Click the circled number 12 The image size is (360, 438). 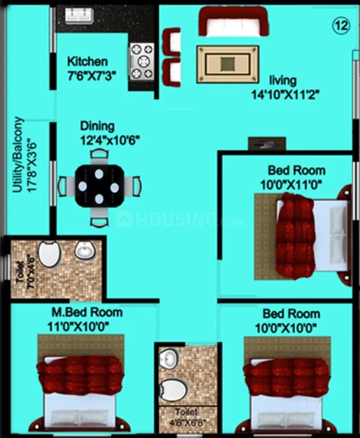[341, 26]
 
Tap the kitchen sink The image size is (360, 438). [79, 15]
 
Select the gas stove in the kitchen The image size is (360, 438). [142, 62]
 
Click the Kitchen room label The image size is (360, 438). [87, 62]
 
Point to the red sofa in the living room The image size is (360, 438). [233, 21]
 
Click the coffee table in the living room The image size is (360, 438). [228, 64]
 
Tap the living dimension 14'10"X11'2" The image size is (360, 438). [285, 95]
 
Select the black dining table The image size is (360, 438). [99, 186]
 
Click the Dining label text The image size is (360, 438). [97, 126]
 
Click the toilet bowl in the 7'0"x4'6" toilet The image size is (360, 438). [49, 254]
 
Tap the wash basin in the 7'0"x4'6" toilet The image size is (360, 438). [85, 250]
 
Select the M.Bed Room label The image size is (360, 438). [87, 312]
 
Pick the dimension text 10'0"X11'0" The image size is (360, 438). [291, 185]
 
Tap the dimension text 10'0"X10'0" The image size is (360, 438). [285, 328]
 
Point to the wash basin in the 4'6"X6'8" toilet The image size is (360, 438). [169, 358]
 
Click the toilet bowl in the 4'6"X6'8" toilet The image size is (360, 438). [173, 390]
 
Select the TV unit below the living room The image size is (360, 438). [267, 144]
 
